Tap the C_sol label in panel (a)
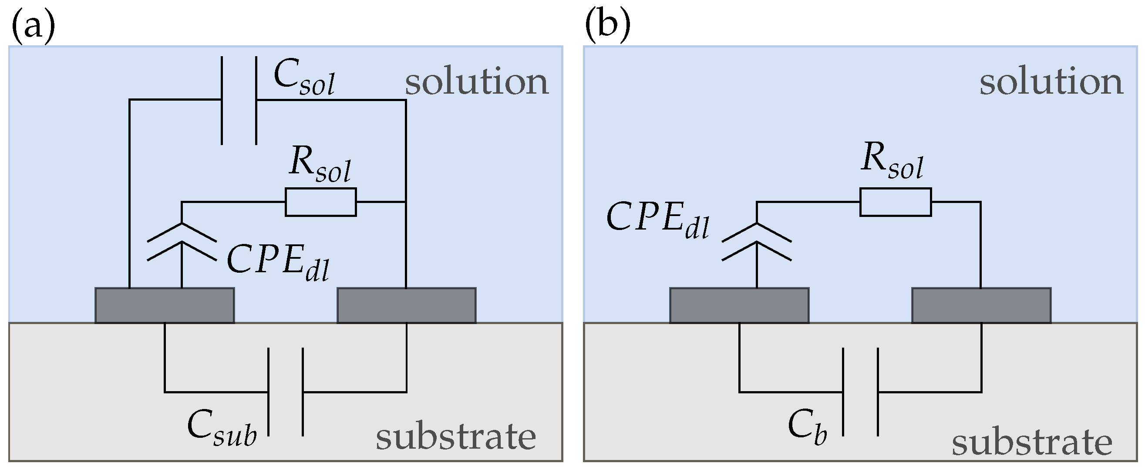pos(303,79)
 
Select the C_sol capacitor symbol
pos(239,101)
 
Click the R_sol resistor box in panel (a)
pos(320,202)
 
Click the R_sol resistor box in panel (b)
pos(895,202)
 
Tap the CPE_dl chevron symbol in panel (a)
pos(182,242)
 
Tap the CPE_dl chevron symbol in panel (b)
pos(757,242)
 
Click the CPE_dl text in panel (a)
pos(278,263)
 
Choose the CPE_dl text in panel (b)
pos(657,220)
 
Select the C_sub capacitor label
pos(221,428)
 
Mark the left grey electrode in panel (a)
pos(165,305)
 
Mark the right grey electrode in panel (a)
pos(407,305)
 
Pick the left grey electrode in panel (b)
pos(739,305)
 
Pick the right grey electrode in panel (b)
pos(981,305)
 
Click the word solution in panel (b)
pos(1051,82)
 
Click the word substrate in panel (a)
pos(455,437)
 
